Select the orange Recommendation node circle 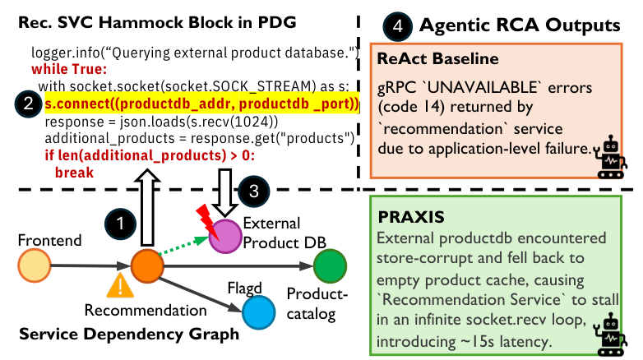(146, 265)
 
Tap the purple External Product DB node (224, 238)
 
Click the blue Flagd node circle (258, 311)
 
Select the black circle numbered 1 (121, 222)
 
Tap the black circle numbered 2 (27, 104)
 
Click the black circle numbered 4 (397, 25)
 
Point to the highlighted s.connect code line (202, 104)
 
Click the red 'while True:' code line (69, 69)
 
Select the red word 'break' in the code (73, 172)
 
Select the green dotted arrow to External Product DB (183, 250)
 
